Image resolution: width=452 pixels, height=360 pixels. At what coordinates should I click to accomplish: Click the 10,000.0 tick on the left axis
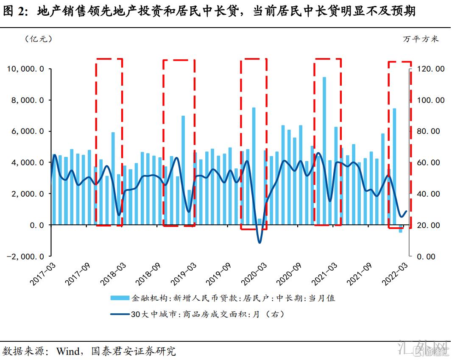[x=25, y=69]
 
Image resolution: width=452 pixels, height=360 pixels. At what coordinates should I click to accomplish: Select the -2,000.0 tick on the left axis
[x=24, y=257]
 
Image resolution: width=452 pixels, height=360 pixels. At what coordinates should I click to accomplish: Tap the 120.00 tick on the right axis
[x=428, y=69]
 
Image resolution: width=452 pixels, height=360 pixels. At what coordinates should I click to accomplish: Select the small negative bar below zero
[x=400, y=229]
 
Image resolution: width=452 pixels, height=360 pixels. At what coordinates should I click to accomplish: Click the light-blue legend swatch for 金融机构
[x=120, y=298]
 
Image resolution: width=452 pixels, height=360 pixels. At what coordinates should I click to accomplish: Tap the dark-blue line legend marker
[x=120, y=315]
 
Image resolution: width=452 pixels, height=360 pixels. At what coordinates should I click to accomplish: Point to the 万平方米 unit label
[x=421, y=39]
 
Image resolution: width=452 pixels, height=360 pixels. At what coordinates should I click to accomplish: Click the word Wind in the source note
[x=68, y=351]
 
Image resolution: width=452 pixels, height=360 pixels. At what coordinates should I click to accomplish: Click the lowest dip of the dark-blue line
[x=259, y=243]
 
